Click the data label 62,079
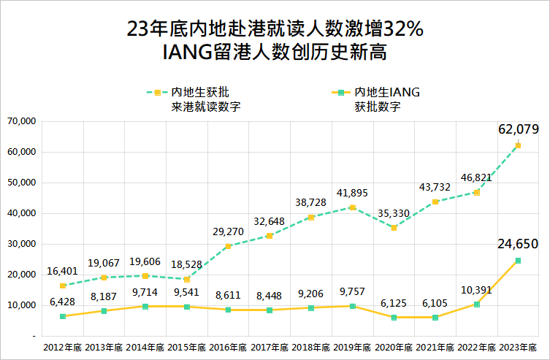pos(518,129)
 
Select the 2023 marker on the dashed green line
pos(518,145)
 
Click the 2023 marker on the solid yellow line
pos(518,261)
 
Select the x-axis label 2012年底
pos(63,347)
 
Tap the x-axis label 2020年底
pos(394,347)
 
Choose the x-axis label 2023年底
pos(518,347)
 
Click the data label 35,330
pos(394,213)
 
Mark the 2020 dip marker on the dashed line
pos(394,228)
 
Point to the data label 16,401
pos(63,271)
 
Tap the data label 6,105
pos(435,303)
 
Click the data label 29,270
pos(229,231)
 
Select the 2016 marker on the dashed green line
pos(229,246)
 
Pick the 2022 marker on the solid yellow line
pos(477,305)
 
